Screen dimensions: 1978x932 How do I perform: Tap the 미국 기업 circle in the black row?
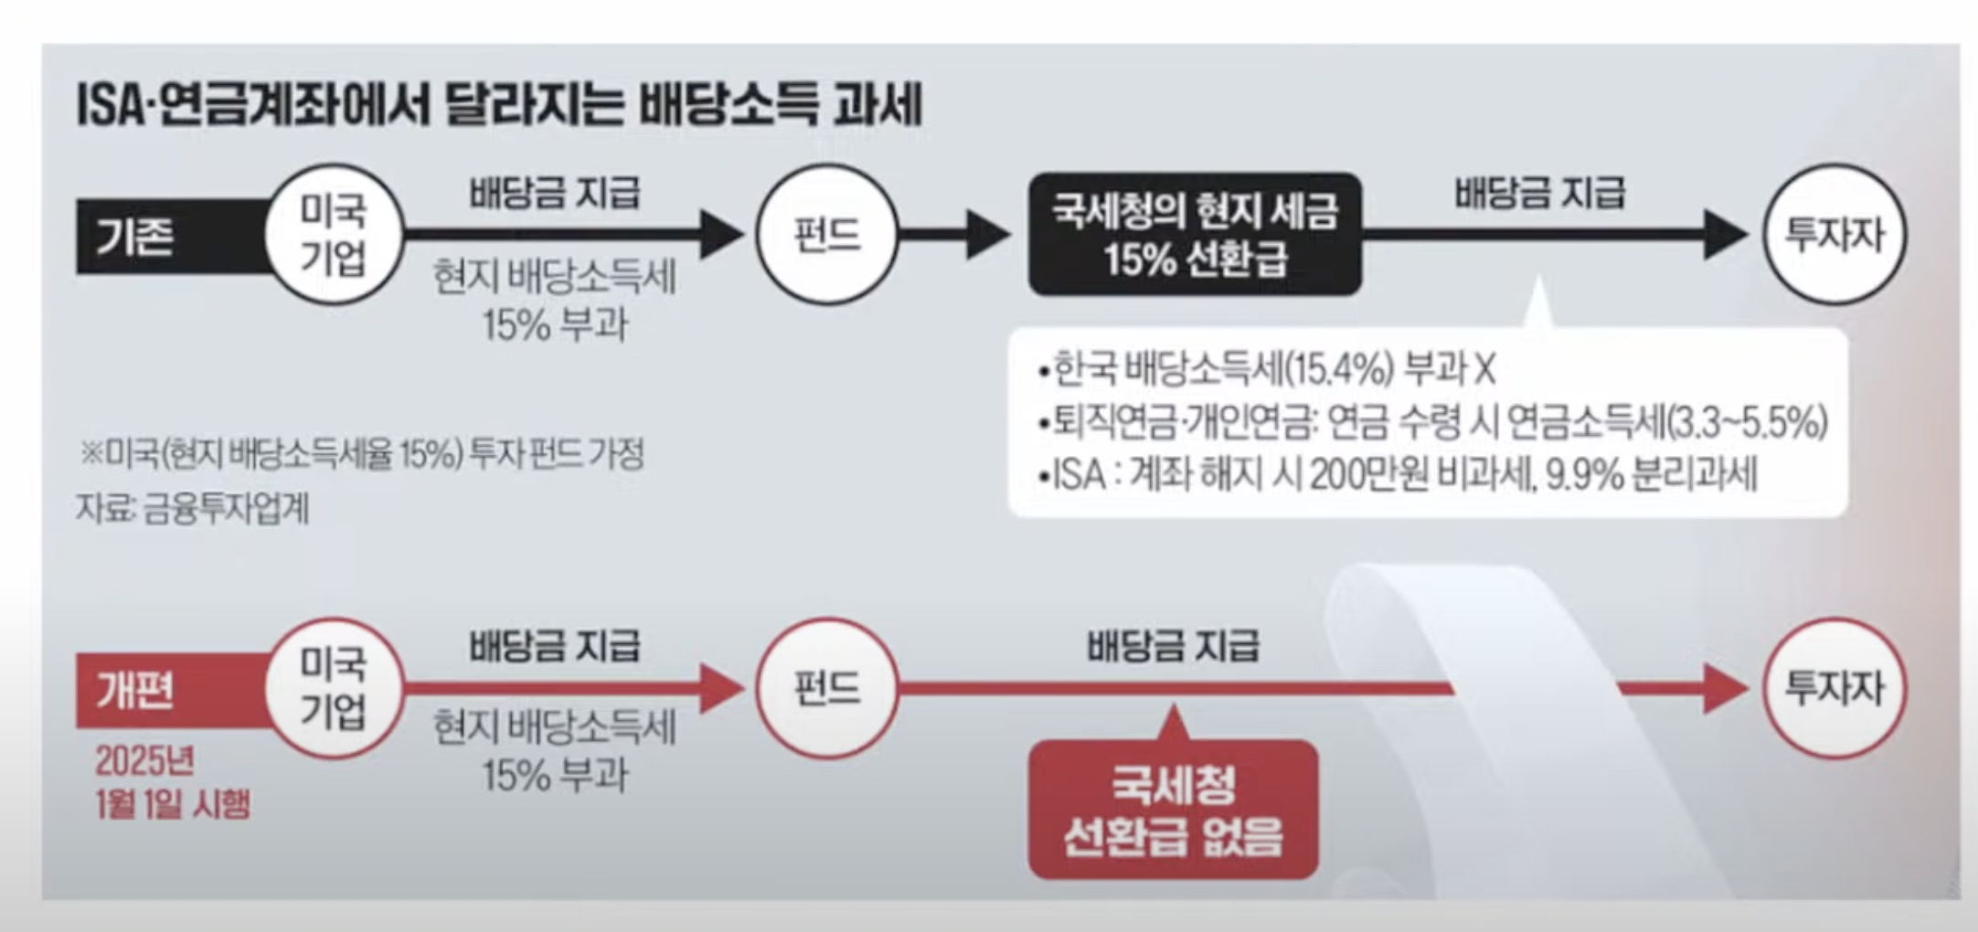pos(334,234)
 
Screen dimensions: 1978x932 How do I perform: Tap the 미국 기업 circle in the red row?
pos(334,688)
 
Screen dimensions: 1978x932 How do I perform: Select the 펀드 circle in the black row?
pos(826,234)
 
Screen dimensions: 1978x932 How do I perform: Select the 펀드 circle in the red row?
pos(826,688)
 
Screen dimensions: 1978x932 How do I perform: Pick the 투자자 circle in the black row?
pos(1834,234)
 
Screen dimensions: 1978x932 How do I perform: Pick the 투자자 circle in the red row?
pos(1834,688)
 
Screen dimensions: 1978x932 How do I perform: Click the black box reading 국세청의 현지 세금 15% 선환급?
pos(1195,234)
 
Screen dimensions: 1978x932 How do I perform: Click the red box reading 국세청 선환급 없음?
pos(1173,810)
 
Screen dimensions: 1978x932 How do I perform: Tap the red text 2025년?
pos(144,760)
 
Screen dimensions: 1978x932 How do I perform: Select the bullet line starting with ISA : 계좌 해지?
pos(1398,475)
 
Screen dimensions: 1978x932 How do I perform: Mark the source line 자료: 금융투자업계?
pos(193,508)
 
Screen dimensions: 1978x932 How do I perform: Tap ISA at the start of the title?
pos(109,106)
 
